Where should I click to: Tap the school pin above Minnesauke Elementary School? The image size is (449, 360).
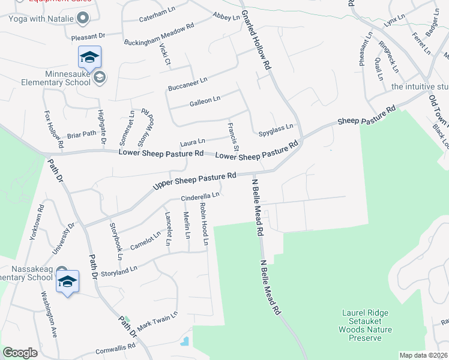(x=89, y=58)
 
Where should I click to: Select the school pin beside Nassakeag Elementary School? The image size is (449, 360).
(x=67, y=281)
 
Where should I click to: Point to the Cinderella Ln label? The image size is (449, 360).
(x=200, y=196)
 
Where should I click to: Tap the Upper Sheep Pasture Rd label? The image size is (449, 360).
(x=193, y=179)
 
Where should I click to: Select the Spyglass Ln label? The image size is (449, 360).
(x=276, y=127)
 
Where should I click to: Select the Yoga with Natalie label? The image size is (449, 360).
(x=41, y=19)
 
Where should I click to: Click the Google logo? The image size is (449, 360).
(x=20, y=352)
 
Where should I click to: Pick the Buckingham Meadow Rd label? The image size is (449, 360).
(x=159, y=35)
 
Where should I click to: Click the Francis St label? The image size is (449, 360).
(x=233, y=136)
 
